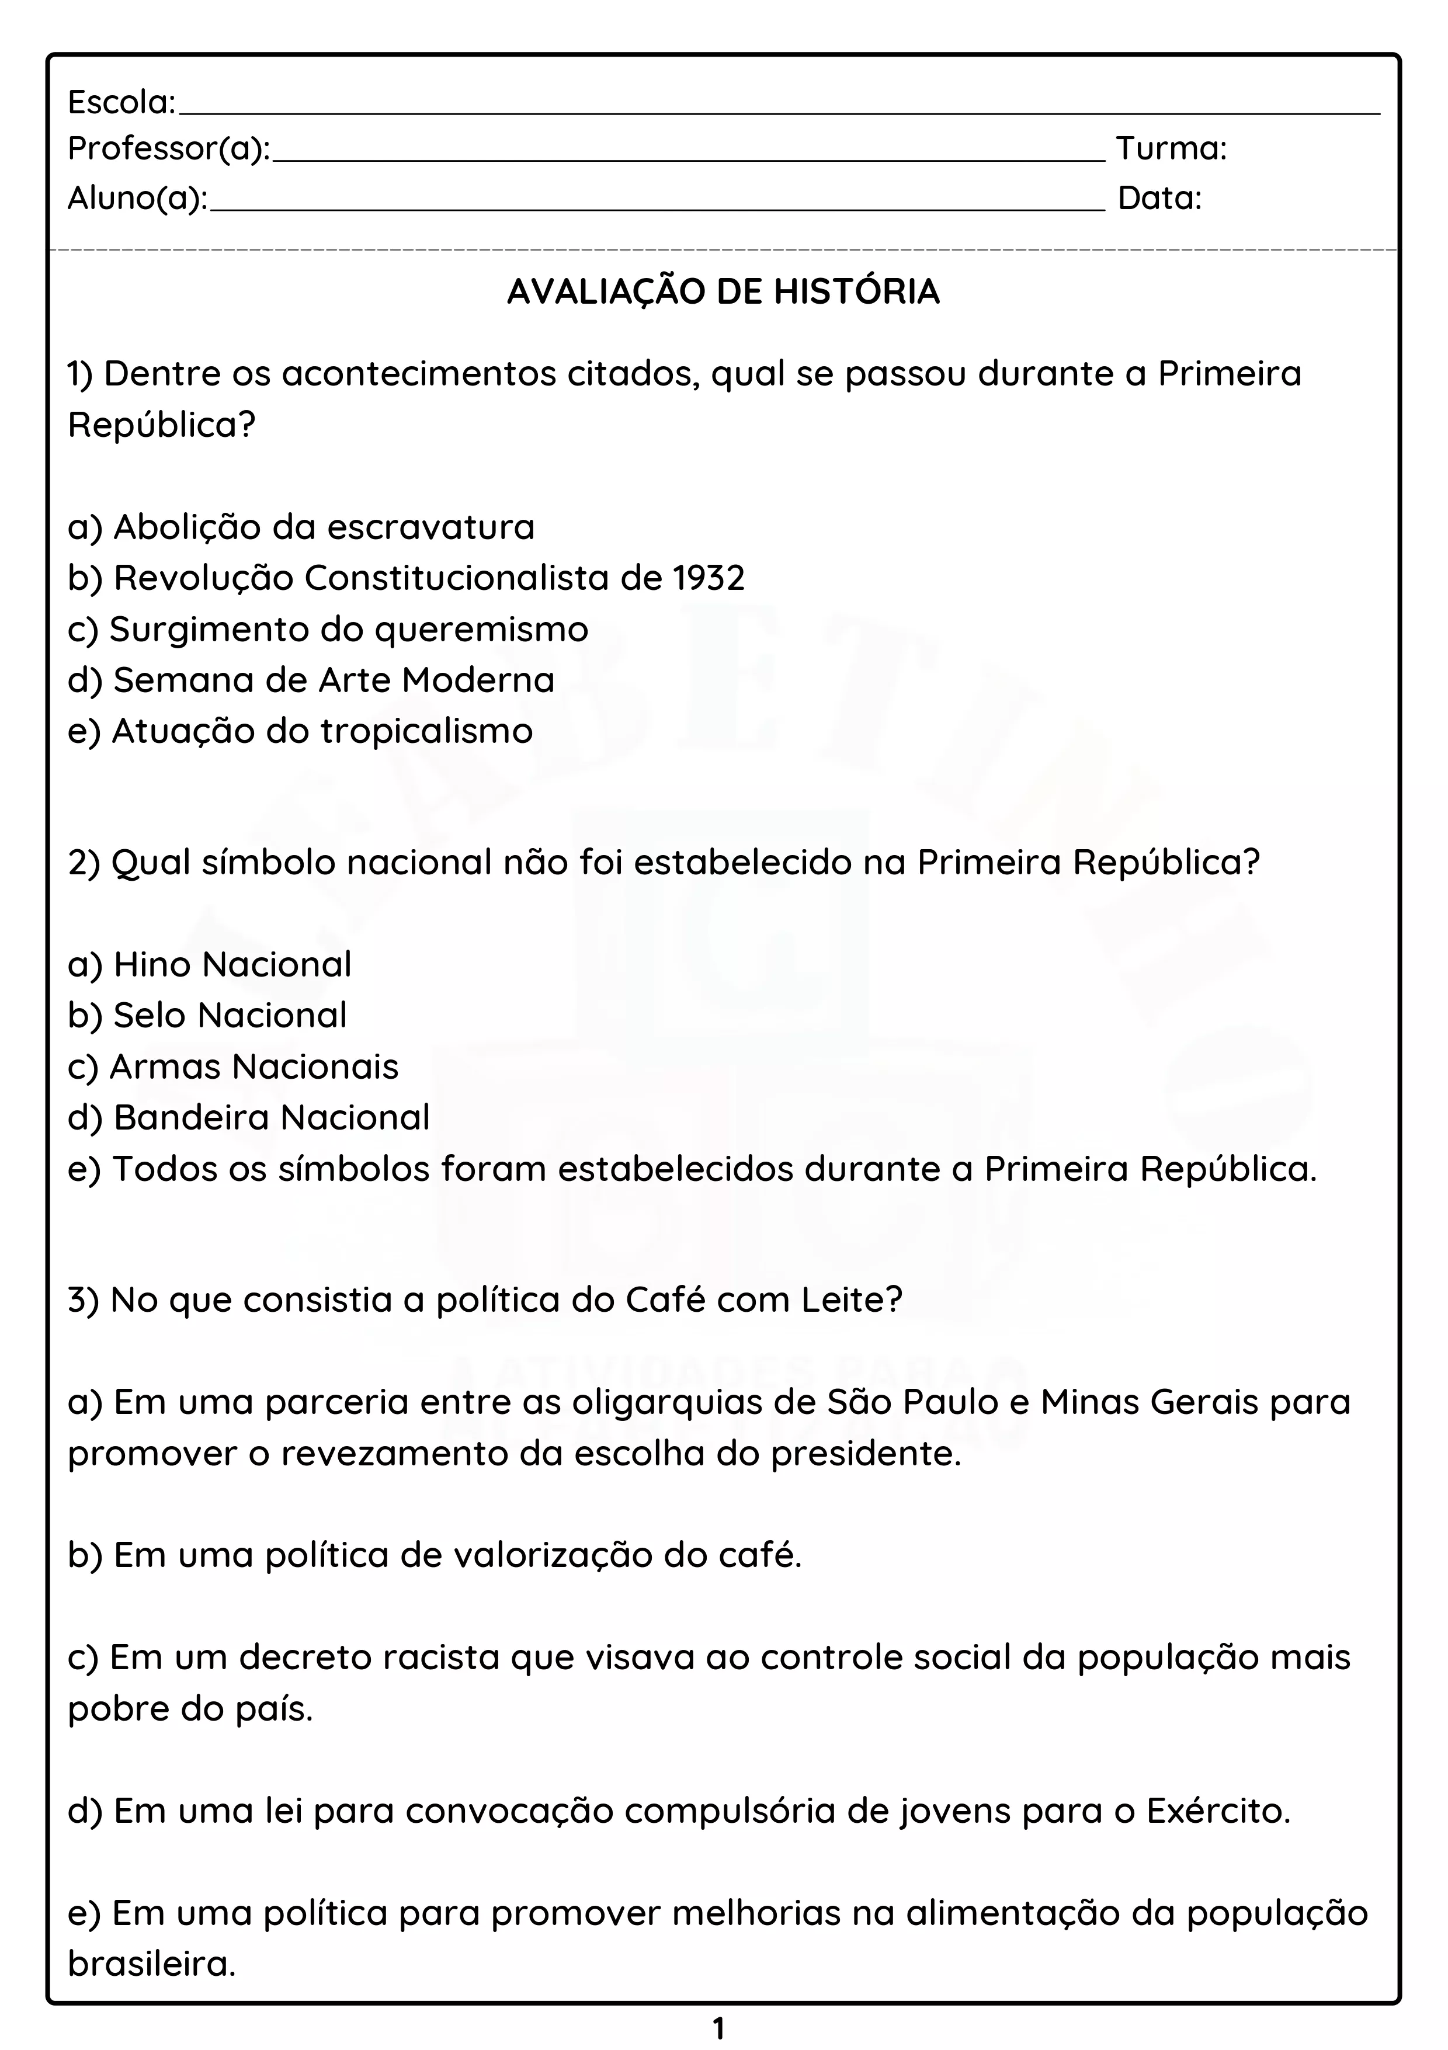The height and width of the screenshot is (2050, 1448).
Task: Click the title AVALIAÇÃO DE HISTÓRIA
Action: pyautogui.click(x=723, y=292)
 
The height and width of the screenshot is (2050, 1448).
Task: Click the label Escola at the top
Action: pyautogui.click(x=121, y=103)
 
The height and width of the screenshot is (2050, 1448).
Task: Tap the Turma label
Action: pyautogui.click(x=1171, y=148)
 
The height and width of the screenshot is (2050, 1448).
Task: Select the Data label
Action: pyautogui.click(x=1159, y=198)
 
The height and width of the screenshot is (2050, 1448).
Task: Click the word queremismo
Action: pyautogui.click(x=481, y=630)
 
